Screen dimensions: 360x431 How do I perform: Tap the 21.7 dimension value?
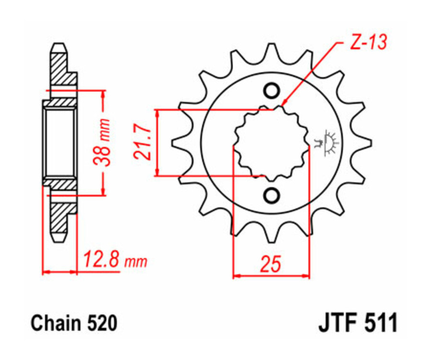[142, 143]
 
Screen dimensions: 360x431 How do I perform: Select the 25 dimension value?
[271, 264]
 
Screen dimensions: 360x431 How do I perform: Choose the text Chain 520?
[74, 324]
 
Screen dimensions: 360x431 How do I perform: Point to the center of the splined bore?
[271, 143]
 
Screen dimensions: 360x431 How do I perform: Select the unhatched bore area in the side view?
[60, 142]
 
